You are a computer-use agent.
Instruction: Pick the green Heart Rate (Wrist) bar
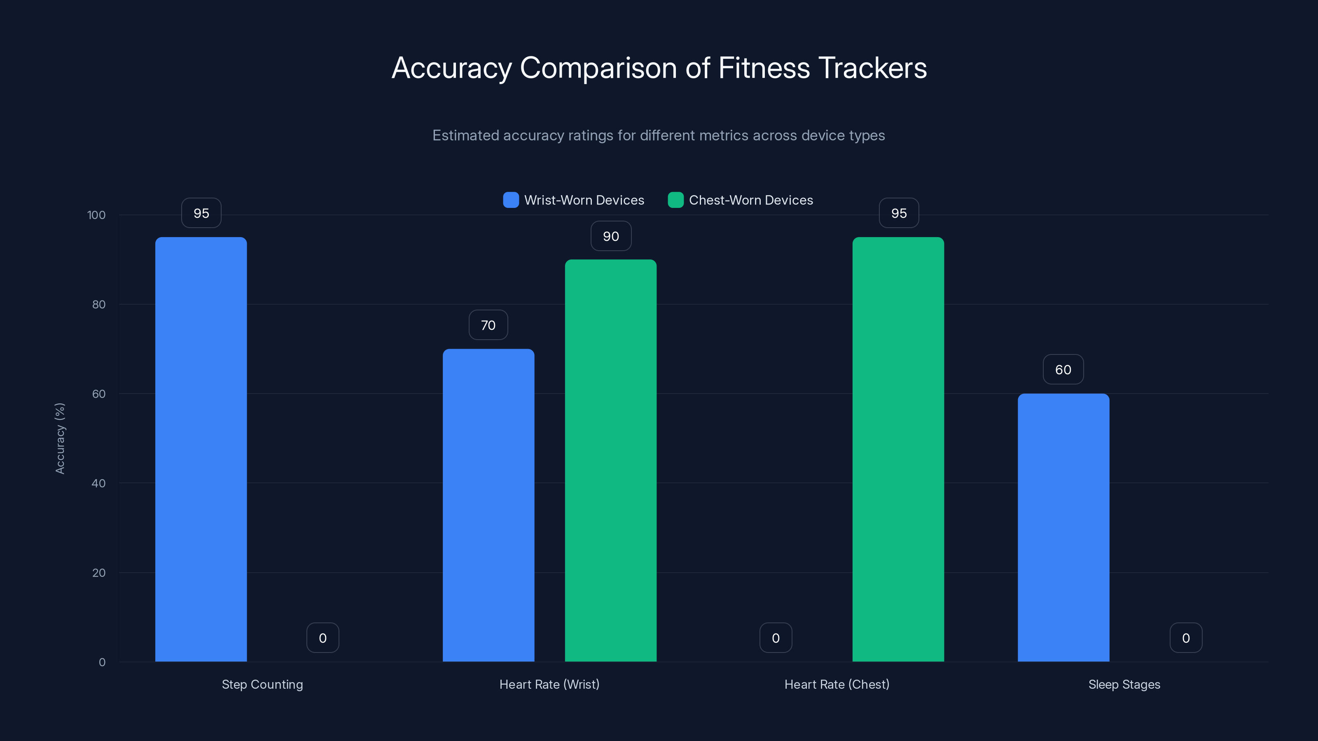[x=610, y=460]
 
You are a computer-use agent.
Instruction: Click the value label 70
[x=488, y=325]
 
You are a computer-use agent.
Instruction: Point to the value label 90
[x=611, y=236]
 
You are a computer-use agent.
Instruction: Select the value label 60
[x=1063, y=370]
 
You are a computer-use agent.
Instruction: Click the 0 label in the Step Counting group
[x=323, y=638]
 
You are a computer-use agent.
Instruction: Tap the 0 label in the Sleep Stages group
[x=1186, y=638]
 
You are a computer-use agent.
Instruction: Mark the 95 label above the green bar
[x=899, y=213]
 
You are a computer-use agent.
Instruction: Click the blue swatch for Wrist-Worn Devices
[x=511, y=200]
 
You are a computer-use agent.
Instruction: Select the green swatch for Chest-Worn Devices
[x=675, y=200]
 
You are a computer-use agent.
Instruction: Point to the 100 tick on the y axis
[x=97, y=215]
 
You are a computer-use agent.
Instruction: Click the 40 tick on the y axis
[x=99, y=483]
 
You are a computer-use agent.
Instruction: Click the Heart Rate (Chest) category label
[x=837, y=684]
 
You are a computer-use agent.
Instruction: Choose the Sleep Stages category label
[x=1124, y=684]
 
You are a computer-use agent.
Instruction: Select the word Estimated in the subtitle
[x=465, y=135]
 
